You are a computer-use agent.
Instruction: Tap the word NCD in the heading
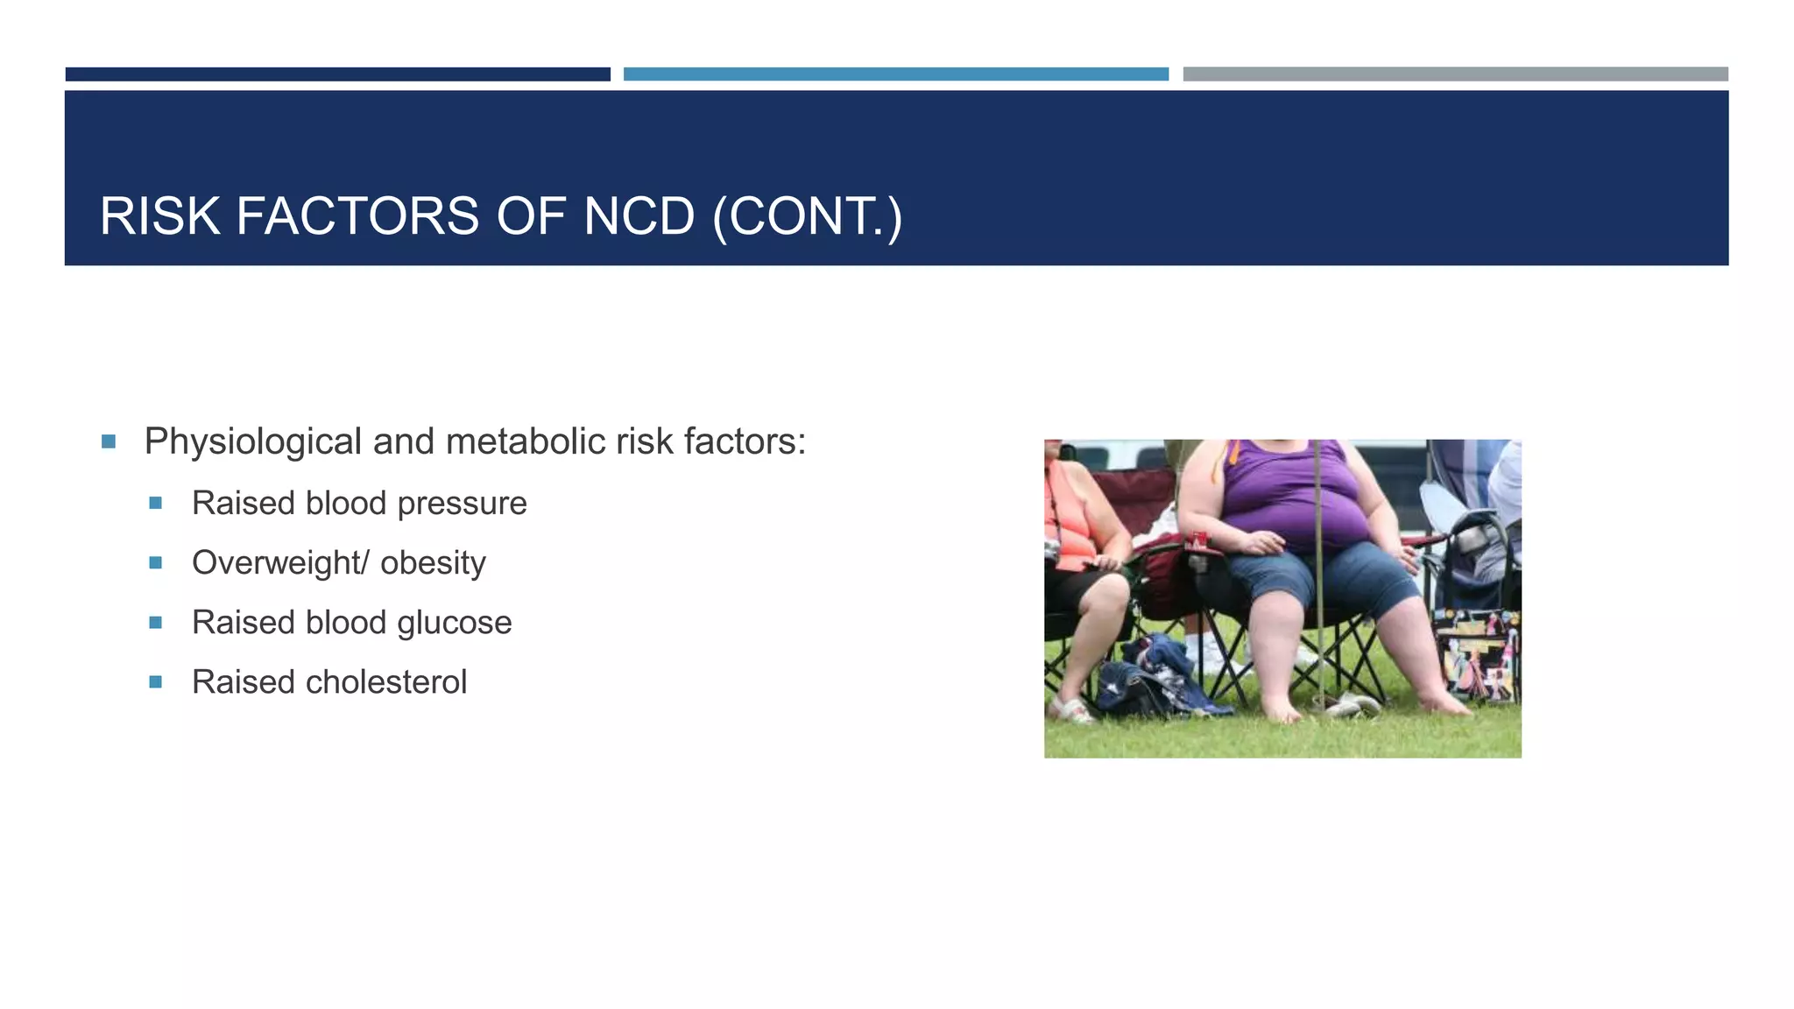(x=639, y=216)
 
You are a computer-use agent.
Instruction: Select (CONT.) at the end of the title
(x=807, y=216)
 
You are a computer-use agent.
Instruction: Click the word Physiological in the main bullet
(x=252, y=441)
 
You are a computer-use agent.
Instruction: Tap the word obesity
(x=433, y=563)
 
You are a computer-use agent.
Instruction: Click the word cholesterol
(x=385, y=682)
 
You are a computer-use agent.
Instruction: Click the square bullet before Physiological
(x=109, y=441)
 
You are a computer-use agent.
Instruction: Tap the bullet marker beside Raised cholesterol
(x=156, y=682)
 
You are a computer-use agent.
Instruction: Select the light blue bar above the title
(x=895, y=74)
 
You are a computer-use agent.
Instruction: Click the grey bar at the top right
(x=1455, y=74)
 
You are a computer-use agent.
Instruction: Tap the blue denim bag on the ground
(x=1148, y=679)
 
